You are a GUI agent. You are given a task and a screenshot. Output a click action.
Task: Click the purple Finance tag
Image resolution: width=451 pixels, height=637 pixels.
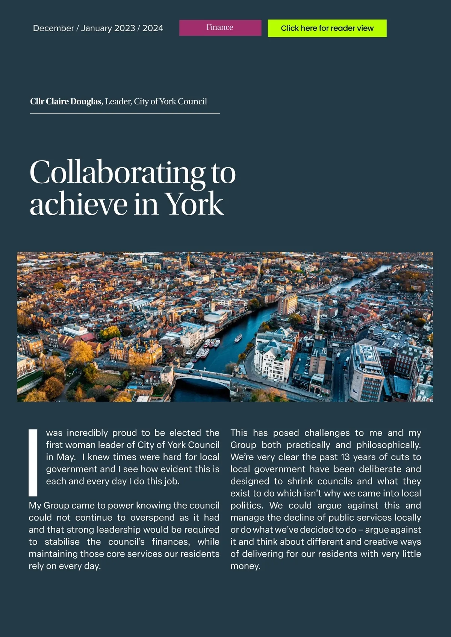[x=220, y=28]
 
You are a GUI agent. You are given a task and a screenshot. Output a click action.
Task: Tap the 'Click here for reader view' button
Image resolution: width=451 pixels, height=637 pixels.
[x=327, y=28]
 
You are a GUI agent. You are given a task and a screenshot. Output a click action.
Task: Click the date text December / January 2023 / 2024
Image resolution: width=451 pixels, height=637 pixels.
[x=98, y=28]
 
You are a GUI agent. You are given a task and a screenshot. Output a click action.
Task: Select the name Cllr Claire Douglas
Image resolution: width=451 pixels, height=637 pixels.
[x=66, y=101]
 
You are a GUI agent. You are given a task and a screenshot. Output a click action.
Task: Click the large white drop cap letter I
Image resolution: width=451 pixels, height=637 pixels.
[x=33, y=462]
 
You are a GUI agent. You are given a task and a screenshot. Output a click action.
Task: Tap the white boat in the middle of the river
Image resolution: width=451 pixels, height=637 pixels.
[x=238, y=338]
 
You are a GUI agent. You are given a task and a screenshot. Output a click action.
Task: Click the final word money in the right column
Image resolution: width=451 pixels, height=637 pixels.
[x=245, y=566]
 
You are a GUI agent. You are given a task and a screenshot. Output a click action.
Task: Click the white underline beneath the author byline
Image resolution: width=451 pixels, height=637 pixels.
[x=125, y=113]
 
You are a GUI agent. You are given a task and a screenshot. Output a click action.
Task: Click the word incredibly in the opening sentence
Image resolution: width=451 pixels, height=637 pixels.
[x=87, y=433]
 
